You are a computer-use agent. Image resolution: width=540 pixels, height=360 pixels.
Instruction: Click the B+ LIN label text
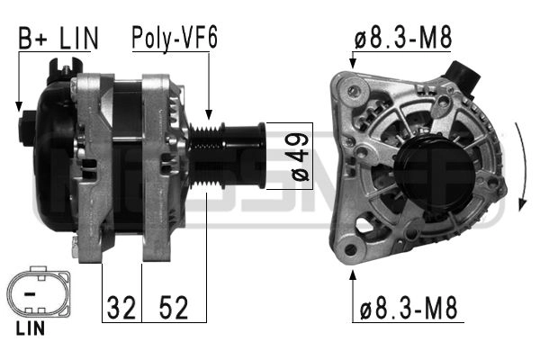point(58,38)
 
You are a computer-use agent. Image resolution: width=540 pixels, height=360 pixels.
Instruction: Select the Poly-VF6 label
point(175,38)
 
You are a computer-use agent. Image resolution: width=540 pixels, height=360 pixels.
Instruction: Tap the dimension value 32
point(121,308)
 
